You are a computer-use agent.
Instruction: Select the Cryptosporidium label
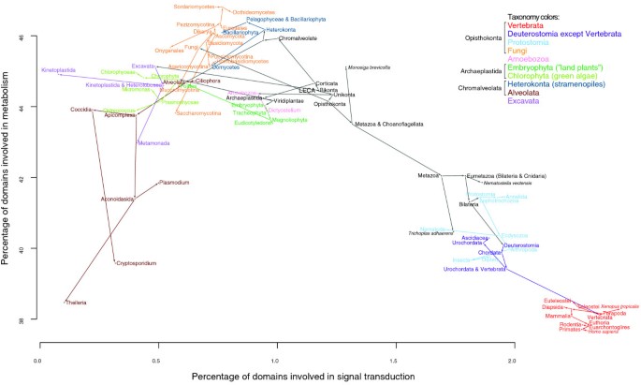pyautogui.click(x=136, y=264)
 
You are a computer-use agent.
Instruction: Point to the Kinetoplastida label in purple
pyautogui.click(x=58, y=71)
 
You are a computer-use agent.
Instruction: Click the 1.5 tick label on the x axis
pyautogui.click(x=394, y=360)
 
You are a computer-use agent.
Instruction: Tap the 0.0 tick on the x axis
pyautogui.click(x=38, y=360)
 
